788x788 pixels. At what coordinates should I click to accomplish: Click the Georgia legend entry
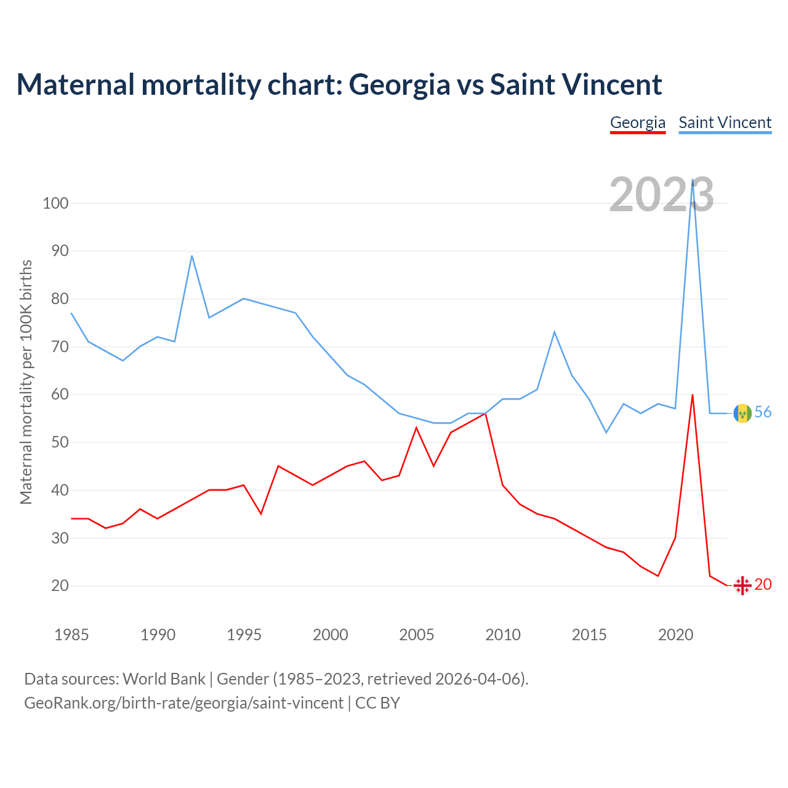pos(638,123)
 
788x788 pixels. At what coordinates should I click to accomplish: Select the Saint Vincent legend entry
pos(725,123)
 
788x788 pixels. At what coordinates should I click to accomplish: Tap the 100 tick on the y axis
pos(55,203)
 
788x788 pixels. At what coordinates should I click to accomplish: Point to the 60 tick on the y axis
pos(55,395)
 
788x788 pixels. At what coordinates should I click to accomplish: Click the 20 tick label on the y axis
pos(59,585)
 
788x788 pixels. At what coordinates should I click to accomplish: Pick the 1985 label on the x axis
pos(71,635)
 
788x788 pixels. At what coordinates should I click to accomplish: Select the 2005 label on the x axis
pos(416,635)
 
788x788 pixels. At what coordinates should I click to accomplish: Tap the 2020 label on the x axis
pos(675,635)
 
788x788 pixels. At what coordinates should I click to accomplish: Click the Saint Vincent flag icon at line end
pos(742,413)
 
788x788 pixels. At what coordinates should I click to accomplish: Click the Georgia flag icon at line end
pos(742,585)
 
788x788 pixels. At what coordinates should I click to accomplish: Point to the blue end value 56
pos(763,412)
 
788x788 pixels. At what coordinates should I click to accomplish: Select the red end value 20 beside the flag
pos(763,585)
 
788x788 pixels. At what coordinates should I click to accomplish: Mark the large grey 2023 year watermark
pos(661,195)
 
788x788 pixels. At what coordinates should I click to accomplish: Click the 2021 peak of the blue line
pos(693,180)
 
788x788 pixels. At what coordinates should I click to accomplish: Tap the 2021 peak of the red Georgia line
pos(693,395)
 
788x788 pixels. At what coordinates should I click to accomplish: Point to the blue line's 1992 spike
pos(192,255)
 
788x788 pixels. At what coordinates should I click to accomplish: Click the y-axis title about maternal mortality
pos(26,382)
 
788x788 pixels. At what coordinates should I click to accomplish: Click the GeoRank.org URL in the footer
pos(183,702)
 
